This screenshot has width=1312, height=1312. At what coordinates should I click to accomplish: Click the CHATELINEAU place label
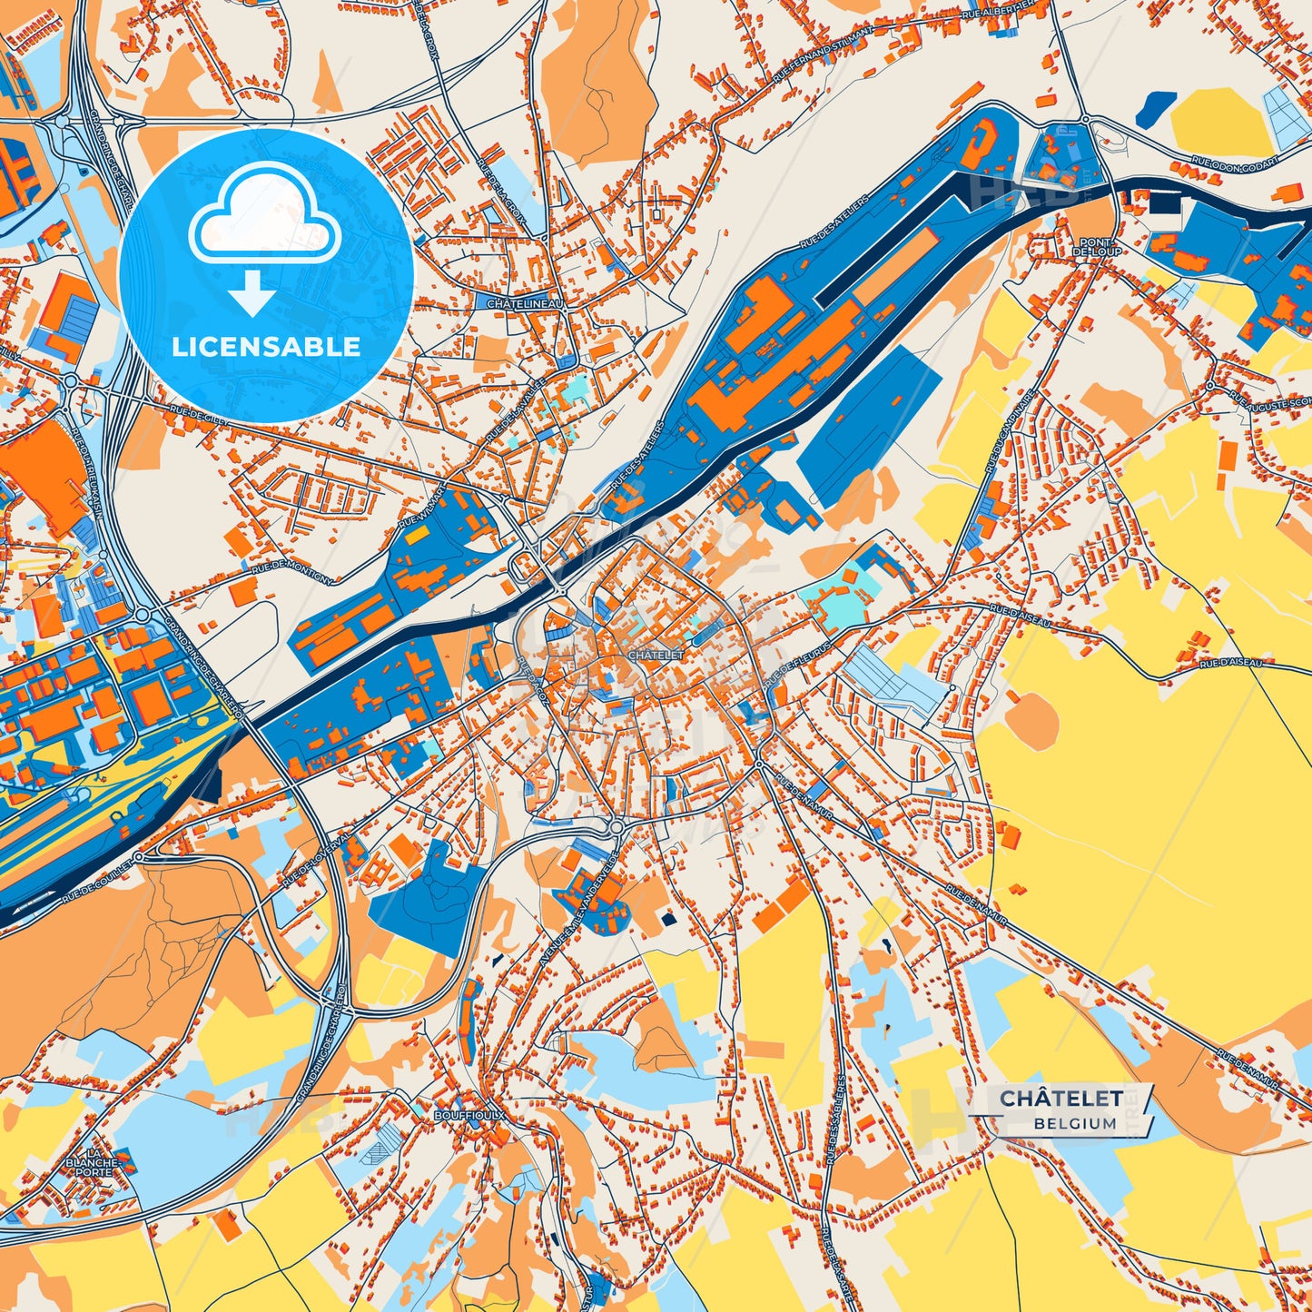(x=526, y=304)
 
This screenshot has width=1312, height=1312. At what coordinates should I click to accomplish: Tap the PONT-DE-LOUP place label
(x=1096, y=246)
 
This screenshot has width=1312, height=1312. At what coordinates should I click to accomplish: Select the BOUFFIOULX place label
(x=469, y=1113)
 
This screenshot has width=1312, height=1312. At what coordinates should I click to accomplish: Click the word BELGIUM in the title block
(x=1074, y=1123)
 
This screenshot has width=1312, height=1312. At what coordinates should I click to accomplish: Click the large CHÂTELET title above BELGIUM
(x=1060, y=1099)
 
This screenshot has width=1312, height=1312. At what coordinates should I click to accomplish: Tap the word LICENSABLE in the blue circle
(x=267, y=347)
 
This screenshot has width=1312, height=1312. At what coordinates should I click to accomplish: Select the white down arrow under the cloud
(x=252, y=294)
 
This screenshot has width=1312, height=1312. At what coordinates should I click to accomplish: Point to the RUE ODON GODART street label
(x=1234, y=165)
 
